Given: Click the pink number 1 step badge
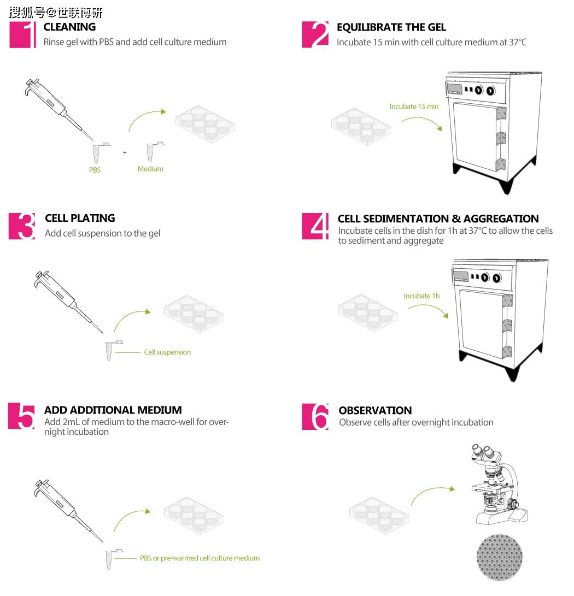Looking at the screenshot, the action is click(22, 34).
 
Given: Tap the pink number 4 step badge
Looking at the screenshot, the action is click(315, 226).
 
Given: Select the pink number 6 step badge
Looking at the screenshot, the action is click(315, 417).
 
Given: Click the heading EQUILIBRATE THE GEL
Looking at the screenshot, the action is click(391, 27).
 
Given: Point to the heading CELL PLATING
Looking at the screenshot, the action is click(80, 218).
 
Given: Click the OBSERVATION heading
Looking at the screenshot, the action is click(375, 410).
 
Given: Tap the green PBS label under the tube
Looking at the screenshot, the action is click(95, 170).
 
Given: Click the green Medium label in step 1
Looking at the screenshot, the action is click(150, 169).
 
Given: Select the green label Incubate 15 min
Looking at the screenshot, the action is click(414, 107).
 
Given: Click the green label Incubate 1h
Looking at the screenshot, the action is click(421, 296).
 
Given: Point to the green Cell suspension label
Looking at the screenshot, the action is click(167, 352).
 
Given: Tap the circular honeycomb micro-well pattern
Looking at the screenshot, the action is click(500, 557).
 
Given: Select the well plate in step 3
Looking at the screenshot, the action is click(194, 314).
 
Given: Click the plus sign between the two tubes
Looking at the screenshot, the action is click(125, 153).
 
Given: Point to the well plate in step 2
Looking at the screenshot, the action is click(361, 127).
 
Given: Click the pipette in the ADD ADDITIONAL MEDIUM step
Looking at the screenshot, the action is click(68, 510).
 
